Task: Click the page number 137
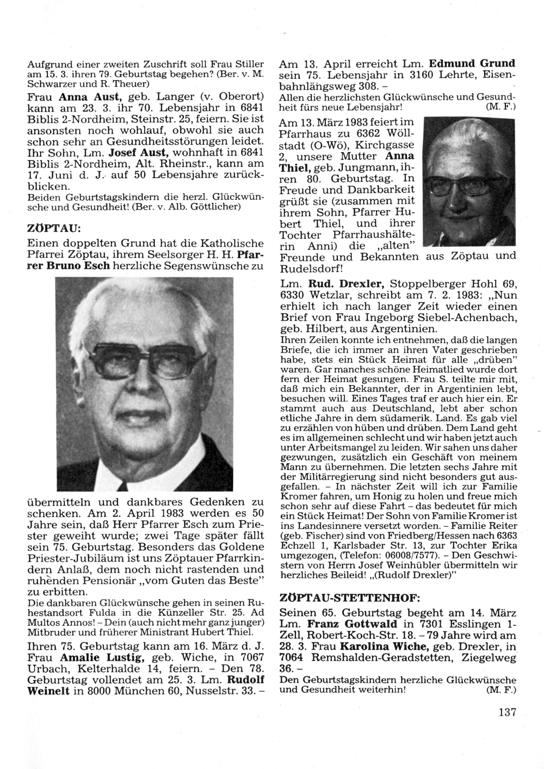[506, 712]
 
